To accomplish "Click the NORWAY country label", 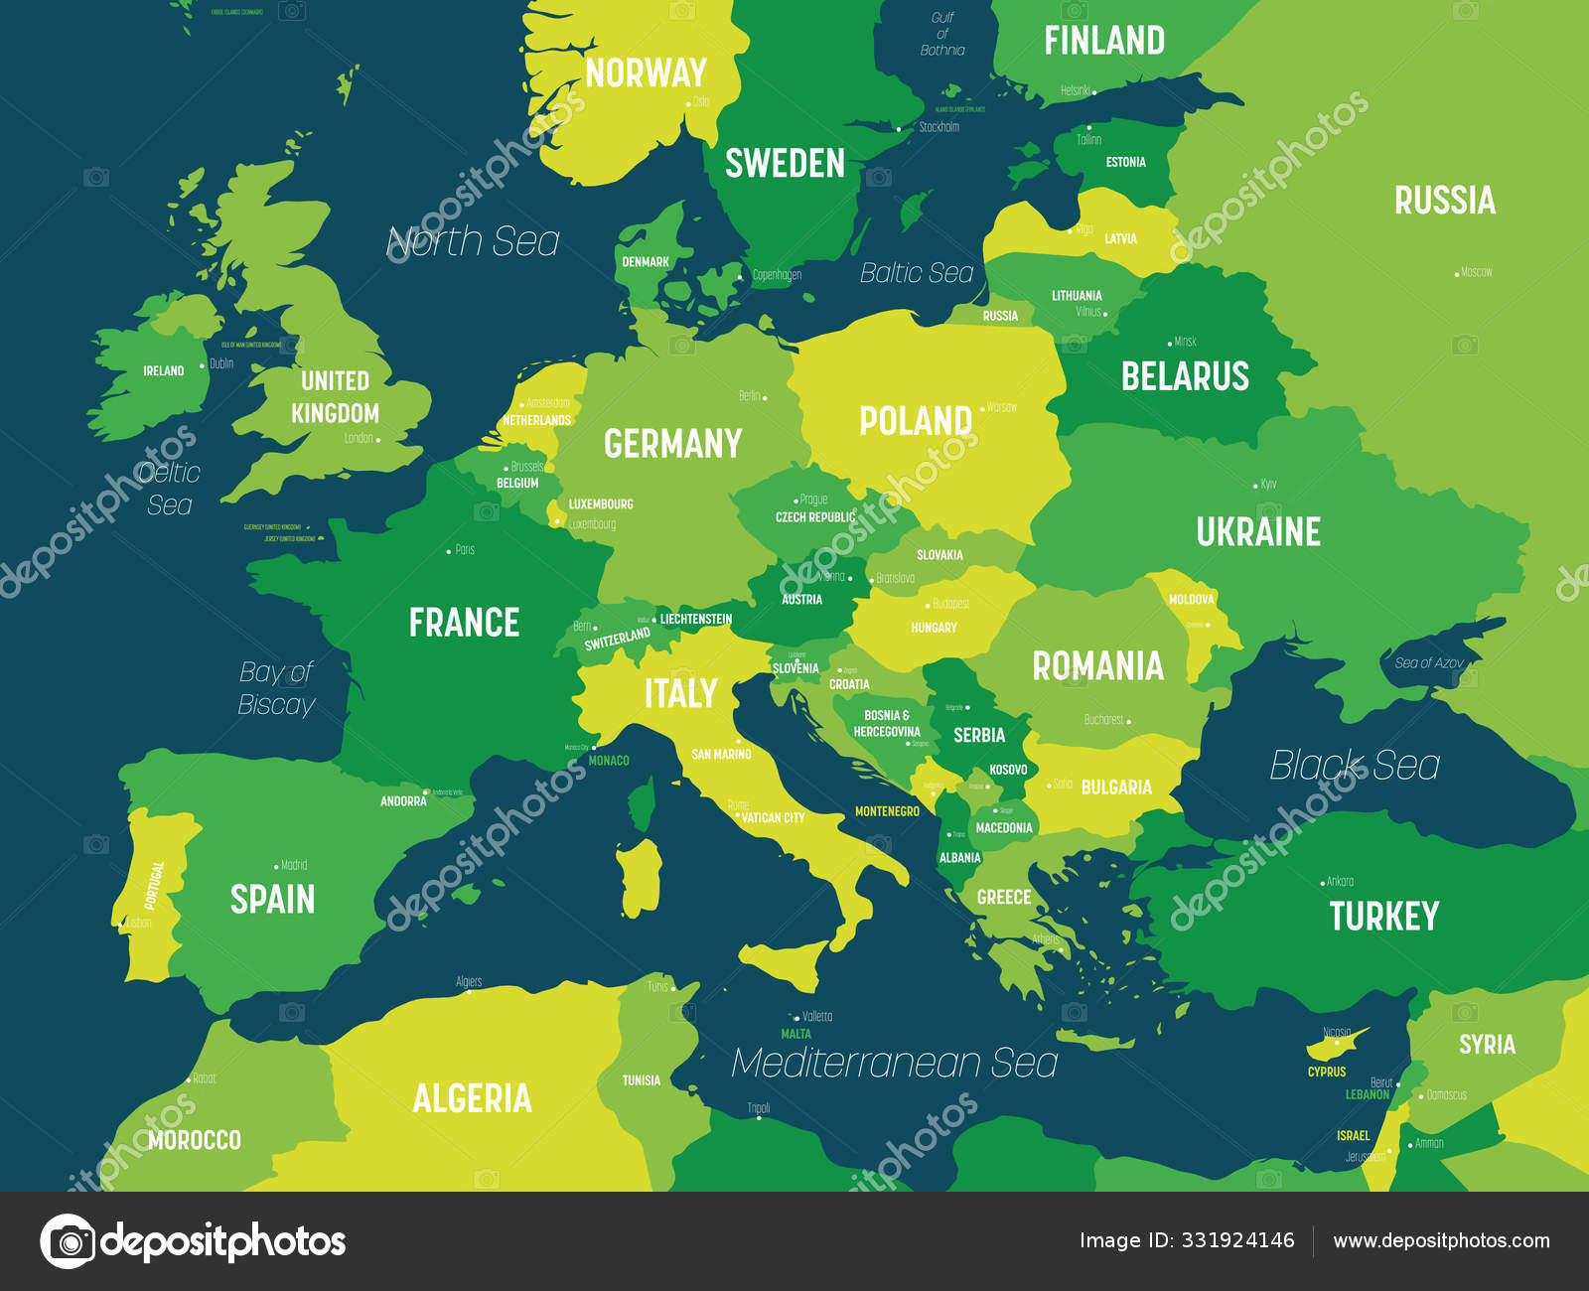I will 646,73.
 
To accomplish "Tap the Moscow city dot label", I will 1475,272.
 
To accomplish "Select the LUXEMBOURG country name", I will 600,504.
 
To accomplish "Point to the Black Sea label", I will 1354,766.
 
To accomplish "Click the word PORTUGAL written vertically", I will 153,885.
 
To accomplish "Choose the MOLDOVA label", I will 1191,600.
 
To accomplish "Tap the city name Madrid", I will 293,865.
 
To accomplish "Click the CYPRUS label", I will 1327,1072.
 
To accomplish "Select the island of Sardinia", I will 641,879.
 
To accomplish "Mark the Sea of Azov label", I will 1428,662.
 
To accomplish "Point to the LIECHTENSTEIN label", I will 695,619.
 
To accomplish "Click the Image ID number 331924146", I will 1236,1240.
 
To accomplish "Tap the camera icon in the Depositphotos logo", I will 68,1241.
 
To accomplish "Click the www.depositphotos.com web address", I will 1441,1240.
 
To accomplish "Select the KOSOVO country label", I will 1008,770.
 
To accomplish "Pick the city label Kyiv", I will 1267,485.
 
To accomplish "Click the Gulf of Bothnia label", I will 942,34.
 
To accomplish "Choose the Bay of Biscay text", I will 276,688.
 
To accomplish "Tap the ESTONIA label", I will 1125,162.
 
